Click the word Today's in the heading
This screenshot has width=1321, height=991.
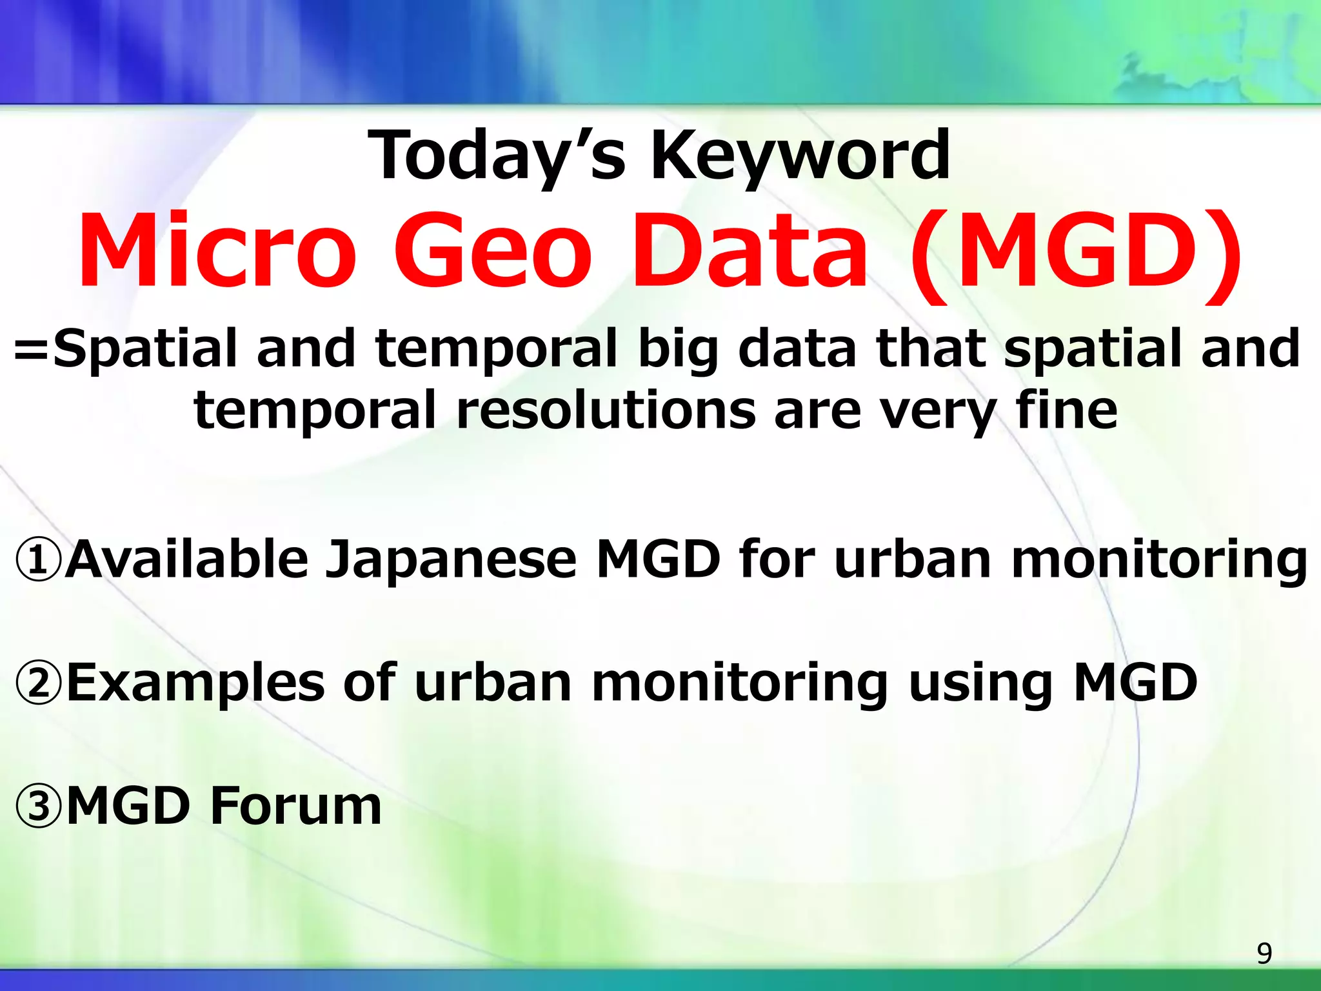coord(497,157)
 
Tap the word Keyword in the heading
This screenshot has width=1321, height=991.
coord(800,157)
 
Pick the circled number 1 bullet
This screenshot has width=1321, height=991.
coord(39,560)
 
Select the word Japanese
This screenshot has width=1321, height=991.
coord(450,560)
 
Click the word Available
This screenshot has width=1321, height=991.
coord(187,559)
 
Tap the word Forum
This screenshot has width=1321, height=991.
coord(296,806)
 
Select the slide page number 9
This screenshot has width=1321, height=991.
coord(1264,954)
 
